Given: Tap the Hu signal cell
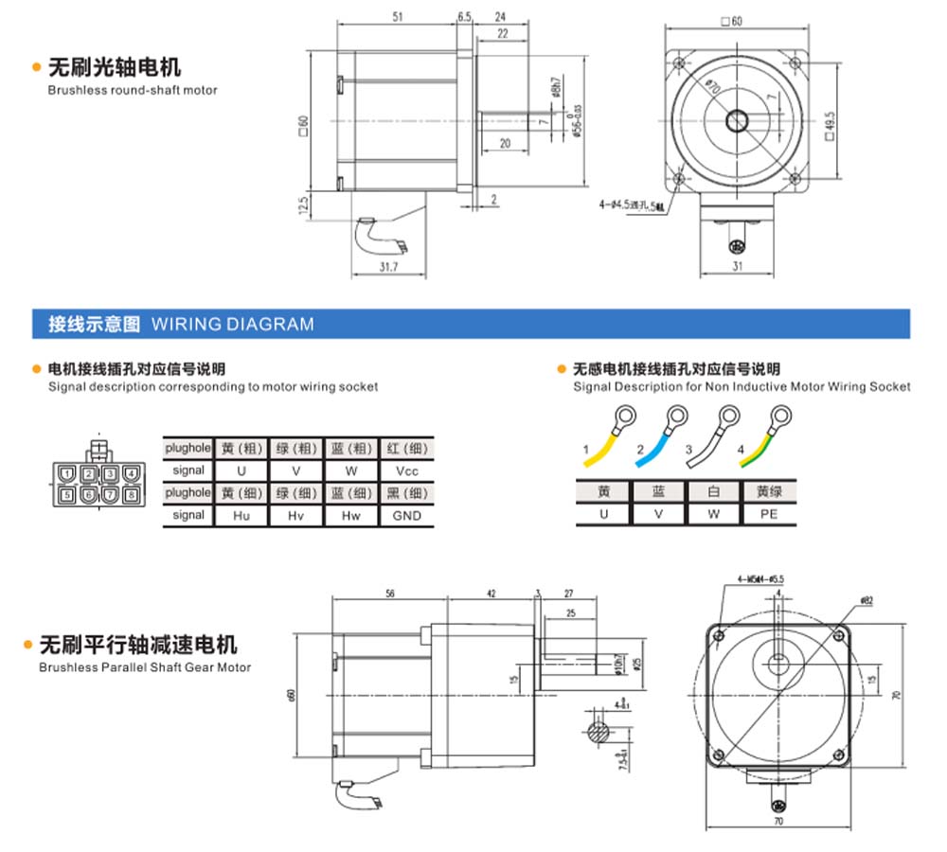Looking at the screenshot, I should [241, 516].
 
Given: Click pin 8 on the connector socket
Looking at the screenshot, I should [130, 494].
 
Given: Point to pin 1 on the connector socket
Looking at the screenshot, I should [65, 473].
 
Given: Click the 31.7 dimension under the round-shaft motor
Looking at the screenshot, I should [387, 268].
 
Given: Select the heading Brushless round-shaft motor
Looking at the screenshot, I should [133, 90].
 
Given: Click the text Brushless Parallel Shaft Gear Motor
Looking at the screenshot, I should [145, 667].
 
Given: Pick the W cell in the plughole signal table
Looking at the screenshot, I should [351, 470].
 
